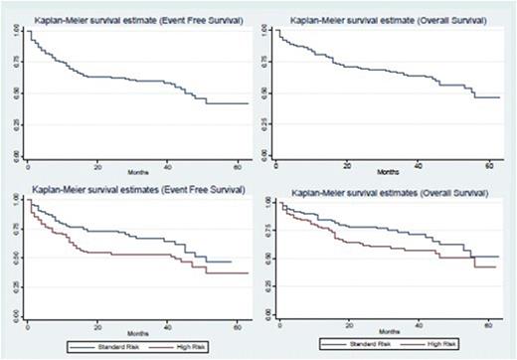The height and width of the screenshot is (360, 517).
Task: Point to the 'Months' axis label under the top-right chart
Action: [387, 170]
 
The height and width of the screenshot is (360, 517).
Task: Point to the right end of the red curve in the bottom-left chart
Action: [249, 272]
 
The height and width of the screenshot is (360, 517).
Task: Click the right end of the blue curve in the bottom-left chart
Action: [232, 262]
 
